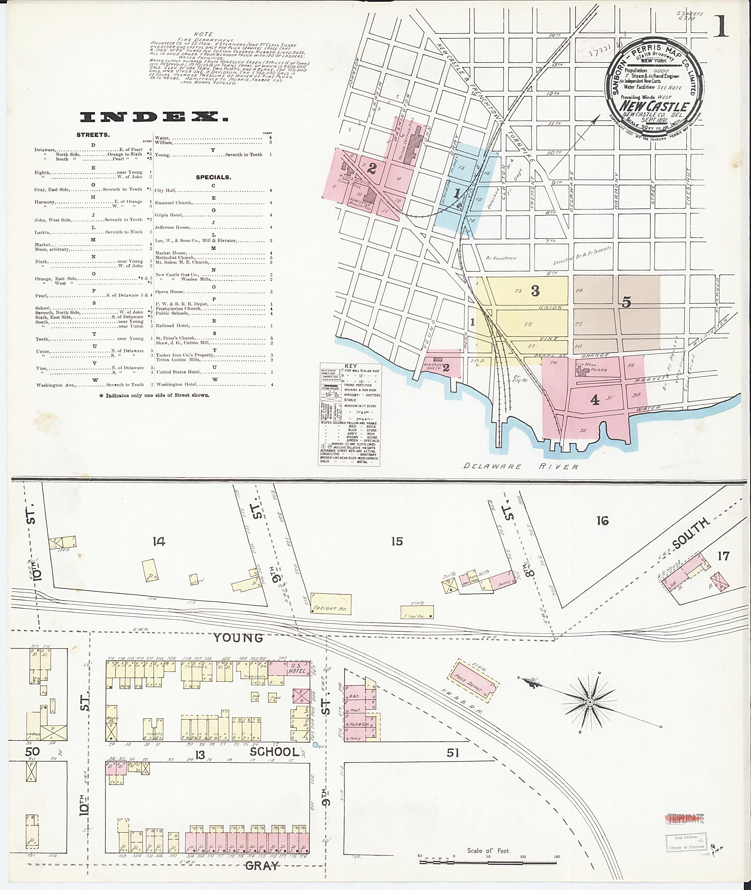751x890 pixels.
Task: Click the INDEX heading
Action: coord(154,117)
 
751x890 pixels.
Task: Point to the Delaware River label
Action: coord(521,467)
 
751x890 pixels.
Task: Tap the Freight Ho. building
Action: coord(331,604)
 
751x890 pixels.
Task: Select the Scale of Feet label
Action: coord(488,850)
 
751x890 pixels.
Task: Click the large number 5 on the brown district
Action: coord(626,302)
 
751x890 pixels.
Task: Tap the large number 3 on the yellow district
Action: coord(535,291)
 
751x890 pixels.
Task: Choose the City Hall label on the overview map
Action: coord(586,365)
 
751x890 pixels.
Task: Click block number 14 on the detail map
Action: coord(158,541)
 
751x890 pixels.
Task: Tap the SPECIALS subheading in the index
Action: coord(213,177)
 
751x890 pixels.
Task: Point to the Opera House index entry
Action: coord(170,292)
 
